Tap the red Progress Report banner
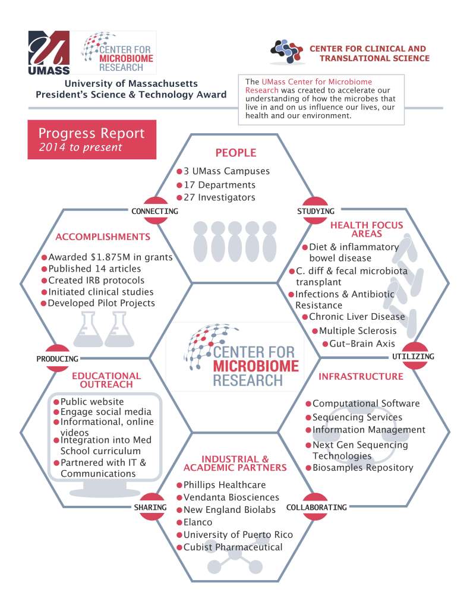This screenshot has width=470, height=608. [x=92, y=140]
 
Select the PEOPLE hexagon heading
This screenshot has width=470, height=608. [x=235, y=153]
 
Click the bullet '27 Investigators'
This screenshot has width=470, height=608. [x=219, y=197]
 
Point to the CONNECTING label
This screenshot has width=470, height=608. [x=154, y=212]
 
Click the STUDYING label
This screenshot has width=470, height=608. [x=316, y=212]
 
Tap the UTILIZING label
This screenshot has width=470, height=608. [x=414, y=357]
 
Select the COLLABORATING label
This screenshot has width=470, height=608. [x=316, y=508]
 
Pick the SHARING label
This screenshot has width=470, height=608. [x=149, y=508]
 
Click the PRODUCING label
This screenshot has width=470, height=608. [x=57, y=359]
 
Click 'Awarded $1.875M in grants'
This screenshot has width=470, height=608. [x=110, y=257]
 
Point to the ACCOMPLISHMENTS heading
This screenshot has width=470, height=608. [x=103, y=237]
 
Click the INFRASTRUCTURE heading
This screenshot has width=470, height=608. [x=361, y=376]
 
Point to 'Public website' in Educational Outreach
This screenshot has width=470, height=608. [x=92, y=401]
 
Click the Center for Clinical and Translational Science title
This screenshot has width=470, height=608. [x=368, y=53]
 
